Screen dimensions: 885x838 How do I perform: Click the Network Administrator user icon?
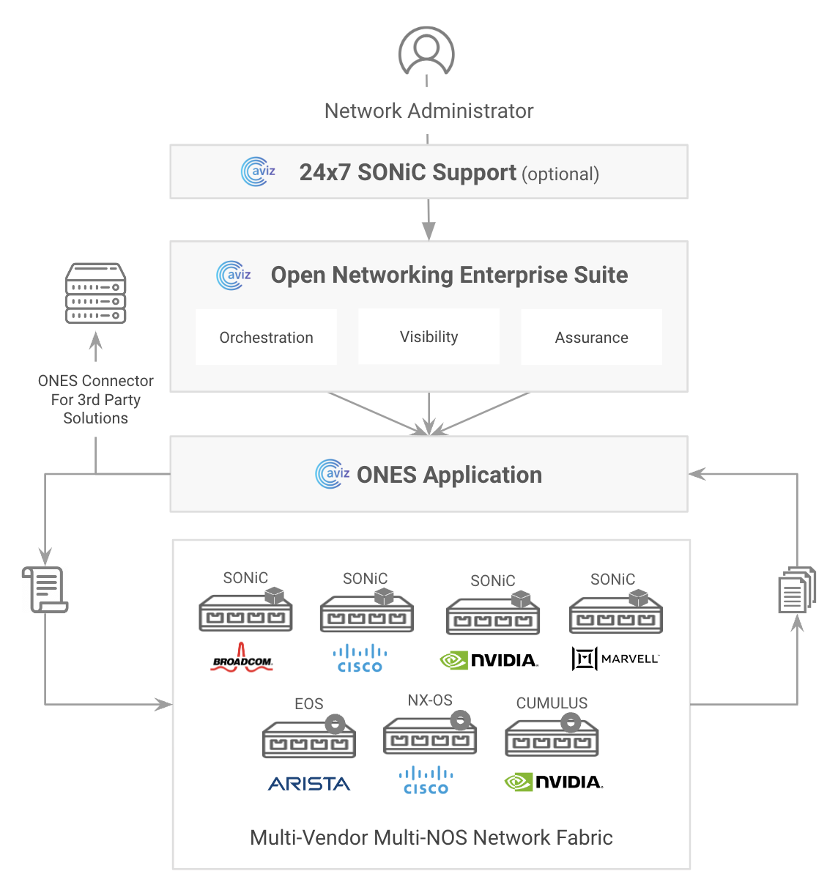pos(426,51)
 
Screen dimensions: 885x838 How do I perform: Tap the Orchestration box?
pos(267,337)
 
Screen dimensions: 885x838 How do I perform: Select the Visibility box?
pos(429,336)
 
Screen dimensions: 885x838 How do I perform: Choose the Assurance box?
pos(591,337)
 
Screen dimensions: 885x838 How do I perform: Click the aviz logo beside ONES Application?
pos(332,474)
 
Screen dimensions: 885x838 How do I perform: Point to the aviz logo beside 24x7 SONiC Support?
pos(258,171)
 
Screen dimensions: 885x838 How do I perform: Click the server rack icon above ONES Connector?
pos(96,294)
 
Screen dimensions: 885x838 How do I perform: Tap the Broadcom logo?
pos(242,659)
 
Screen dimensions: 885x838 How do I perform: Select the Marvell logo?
pos(615,659)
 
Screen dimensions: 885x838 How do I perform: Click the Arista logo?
pos(309,784)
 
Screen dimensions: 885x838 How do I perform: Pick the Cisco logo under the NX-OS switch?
pos(426,781)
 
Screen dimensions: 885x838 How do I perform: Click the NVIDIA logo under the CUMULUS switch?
pos(554,782)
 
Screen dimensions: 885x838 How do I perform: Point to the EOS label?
pos(309,704)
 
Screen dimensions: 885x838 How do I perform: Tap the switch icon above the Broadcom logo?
pos(246,612)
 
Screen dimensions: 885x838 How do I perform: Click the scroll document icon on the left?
pos(45,589)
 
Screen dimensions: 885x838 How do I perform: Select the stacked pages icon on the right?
pos(797,590)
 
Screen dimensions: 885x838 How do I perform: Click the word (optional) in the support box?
pos(560,174)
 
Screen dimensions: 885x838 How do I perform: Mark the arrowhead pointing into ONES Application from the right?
pos(697,474)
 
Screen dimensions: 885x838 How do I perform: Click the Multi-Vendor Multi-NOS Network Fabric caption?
pos(431,837)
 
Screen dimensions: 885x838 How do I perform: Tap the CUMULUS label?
pos(552,703)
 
